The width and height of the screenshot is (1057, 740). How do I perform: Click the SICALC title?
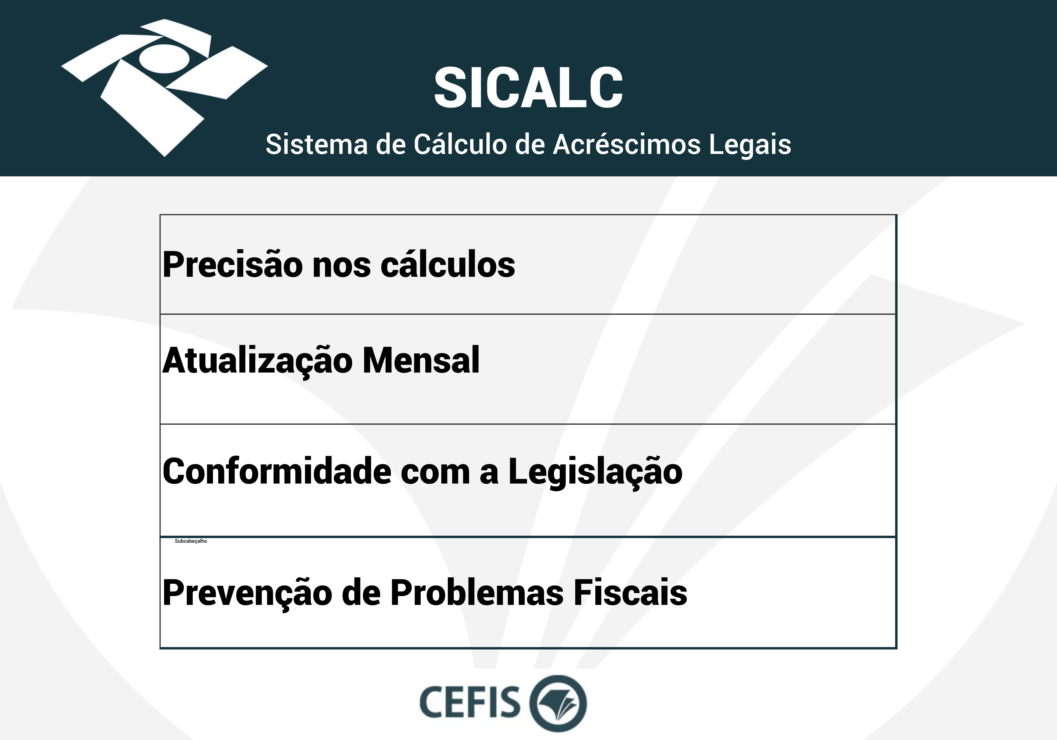click(x=528, y=88)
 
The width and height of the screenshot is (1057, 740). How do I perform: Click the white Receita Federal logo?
click(x=164, y=88)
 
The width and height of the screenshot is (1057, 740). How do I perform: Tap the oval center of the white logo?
click(x=164, y=59)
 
